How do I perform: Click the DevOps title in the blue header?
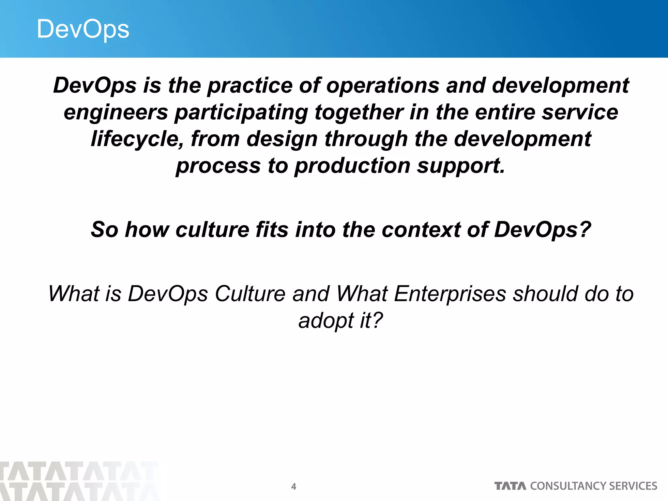tap(83, 29)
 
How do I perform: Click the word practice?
tap(250, 86)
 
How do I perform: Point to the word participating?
tap(241, 113)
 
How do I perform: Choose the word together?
tap(359, 113)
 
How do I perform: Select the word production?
tap(352, 166)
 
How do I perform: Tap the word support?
tap(461, 166)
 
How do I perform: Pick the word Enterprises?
tap(450, 294)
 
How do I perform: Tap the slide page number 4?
tap(294, 487)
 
